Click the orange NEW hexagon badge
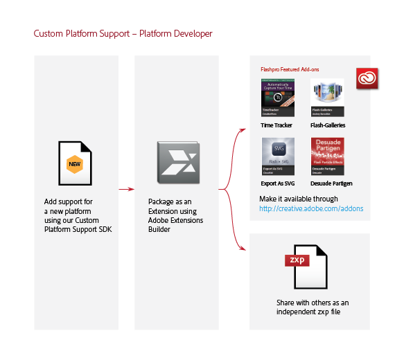(75, 165)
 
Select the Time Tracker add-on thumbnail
(277, 98)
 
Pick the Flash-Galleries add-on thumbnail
(328, 98)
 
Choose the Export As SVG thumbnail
(277, 156)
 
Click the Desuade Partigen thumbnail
(328, 156)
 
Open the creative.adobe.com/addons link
(311, 208)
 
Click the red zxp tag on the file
(297, 260)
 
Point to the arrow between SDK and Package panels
(125, 188)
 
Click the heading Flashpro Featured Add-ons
(290, 69)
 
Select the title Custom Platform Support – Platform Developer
(123, 33)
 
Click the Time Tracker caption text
(276, 125)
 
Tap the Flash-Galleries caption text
(328, 125)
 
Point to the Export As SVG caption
(278, 183)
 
